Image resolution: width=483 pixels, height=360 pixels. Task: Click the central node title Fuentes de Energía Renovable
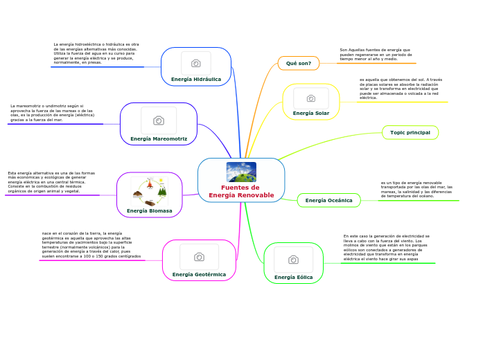coord(241,191)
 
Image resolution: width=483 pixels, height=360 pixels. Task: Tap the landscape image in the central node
coord(241,172)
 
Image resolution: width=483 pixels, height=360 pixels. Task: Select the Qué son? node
coord(299,63)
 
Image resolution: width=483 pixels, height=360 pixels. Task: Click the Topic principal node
coord(410,132)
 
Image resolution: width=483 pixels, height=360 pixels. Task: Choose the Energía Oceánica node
coord(328,200)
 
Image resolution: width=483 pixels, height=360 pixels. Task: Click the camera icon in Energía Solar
coord(311,98)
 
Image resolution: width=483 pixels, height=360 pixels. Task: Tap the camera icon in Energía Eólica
coord(293,260)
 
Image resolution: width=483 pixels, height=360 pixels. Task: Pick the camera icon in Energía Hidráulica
coord(196,63)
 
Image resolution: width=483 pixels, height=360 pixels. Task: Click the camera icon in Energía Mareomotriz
coord(159,120)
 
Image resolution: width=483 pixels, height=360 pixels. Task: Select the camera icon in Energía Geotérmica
coord(199,257)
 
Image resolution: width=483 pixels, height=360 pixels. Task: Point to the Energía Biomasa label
coord(150,210)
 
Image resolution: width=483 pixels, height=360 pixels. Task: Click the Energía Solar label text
coord(311,113)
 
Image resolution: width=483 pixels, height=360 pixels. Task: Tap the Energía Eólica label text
coord(294,277)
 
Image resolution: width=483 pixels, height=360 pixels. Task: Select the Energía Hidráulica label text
coord(196,79)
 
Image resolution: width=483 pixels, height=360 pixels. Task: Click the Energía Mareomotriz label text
coord(159,138)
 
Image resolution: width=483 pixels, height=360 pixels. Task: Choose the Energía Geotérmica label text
coord(200,274)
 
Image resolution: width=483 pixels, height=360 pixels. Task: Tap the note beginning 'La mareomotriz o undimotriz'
coord(52,113)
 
